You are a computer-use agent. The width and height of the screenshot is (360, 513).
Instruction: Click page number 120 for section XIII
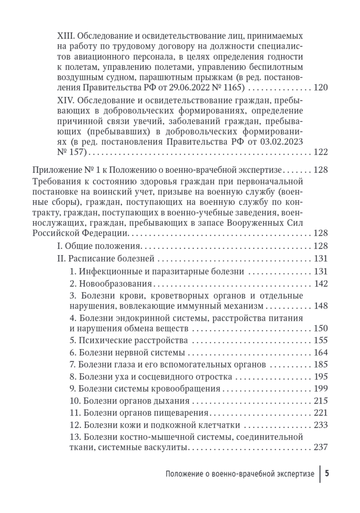tap(320, 88)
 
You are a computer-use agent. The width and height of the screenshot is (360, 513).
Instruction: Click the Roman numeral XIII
tap(64, 35)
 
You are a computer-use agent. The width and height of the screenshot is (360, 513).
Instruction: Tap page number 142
tap(320, 283)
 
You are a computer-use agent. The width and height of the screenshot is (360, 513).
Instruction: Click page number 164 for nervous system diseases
tap(320, 353)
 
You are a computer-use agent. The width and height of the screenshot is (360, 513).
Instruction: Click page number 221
tap(320, 413)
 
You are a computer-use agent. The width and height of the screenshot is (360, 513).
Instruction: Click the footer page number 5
tap(327, 474)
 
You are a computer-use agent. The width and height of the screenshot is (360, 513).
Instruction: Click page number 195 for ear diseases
tap(320, 377)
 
